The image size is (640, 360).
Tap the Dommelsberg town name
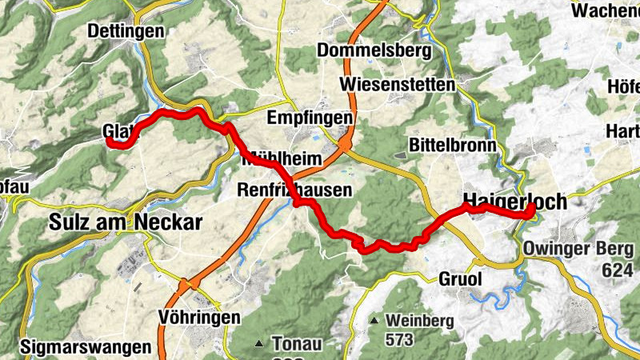pos(374,50)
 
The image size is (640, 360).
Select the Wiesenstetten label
pos(397,83)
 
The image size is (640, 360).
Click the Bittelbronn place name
pos(452,145)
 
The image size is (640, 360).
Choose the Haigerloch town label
pos(514,202)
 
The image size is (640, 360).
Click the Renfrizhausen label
pos(294,190)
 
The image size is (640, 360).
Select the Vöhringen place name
pos(199,317)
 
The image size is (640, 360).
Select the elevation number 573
pos(398,340)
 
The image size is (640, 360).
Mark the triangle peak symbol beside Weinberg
pos(374,321)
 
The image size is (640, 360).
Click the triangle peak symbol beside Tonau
pos(258,345)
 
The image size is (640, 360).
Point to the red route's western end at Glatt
pos(110,141)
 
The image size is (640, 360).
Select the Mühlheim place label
pos(281,159)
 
